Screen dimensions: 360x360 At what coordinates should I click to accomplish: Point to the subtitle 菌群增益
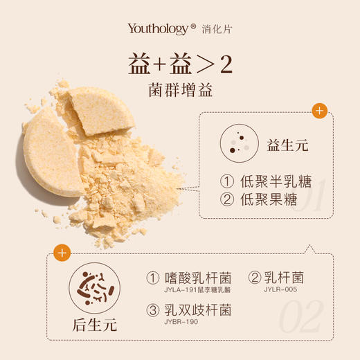(179, 90)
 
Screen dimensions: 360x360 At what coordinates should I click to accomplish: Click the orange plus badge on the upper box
(319, 110)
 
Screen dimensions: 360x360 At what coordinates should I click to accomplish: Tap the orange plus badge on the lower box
(62, 253)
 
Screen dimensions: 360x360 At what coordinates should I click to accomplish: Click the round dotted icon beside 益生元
(235, 143)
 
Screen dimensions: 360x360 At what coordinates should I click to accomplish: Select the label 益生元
(287, 146)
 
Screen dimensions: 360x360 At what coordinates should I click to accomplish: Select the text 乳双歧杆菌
(197, 309)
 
